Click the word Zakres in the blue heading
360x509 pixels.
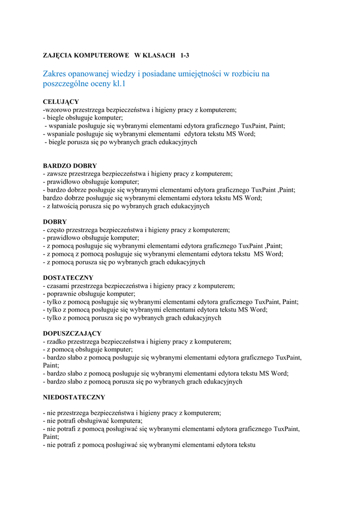pos(57,74)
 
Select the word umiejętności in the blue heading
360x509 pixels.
pos(195,74)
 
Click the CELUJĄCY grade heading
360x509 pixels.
pos(61,101)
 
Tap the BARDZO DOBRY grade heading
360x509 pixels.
pos(70,166)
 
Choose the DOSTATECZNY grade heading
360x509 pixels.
pos(68,278)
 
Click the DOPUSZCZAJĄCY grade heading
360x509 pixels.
pos(72,334)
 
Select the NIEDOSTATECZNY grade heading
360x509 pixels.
pos(74,397)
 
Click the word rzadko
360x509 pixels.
pos(56,342)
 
